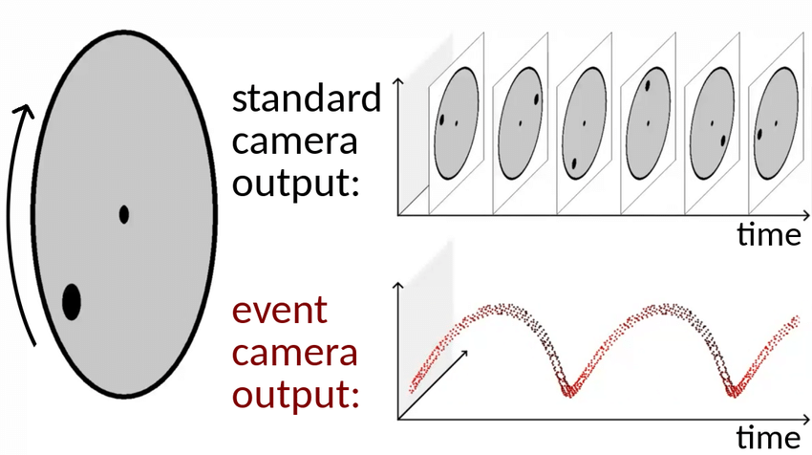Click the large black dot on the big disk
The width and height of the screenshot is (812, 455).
coord(71,301)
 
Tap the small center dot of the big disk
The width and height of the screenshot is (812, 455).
coord(124,214)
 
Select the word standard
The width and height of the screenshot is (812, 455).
coord(307,98)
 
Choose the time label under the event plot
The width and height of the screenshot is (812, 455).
coord(768,437)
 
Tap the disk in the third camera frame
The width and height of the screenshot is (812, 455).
coord(584,122)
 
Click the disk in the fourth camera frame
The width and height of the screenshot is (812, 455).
coord(648,122)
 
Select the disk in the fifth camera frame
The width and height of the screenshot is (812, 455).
coord(712,122)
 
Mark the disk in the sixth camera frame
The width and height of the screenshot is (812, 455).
coord(776,122)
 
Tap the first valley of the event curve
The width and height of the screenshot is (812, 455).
coord(570,391)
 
